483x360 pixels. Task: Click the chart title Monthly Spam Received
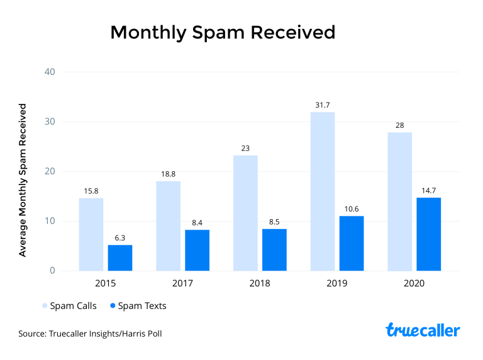coord(223,33)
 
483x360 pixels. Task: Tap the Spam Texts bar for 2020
coord(428,234)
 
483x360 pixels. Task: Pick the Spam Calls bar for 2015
coord(91,234)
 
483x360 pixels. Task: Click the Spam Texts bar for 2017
coord(197,250)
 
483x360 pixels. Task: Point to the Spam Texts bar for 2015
coord(120,257)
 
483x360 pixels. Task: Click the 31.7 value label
coord(323,104)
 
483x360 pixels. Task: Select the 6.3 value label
coord(120,237)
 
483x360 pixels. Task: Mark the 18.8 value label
coord(168,174)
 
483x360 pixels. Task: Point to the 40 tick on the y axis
coord(50,72)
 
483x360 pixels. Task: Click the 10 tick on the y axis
coord(50,221)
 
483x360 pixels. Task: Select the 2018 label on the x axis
coord(259,284)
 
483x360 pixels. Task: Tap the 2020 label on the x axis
coord(414,284)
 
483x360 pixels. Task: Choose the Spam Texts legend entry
coord(138,306)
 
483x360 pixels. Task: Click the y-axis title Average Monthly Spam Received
coord(23,180)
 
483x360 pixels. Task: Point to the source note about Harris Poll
coord(90,333)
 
